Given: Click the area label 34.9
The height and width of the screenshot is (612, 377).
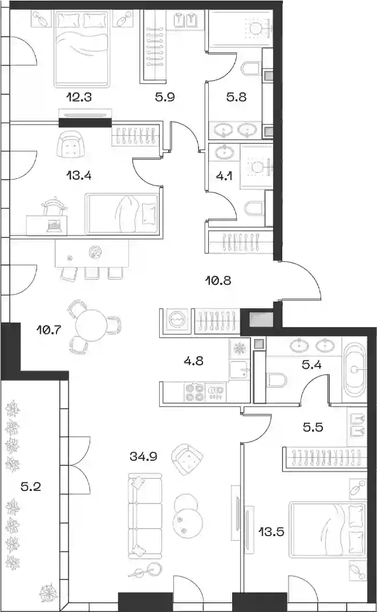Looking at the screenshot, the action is (143, 456).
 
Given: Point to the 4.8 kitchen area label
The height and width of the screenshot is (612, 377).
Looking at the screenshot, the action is (193, 361).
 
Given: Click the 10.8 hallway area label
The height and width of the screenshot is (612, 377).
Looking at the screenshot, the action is (218, 280).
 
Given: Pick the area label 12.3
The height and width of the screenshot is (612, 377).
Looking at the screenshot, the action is (79, 96).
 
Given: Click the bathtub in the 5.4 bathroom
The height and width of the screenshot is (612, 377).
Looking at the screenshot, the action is (354, 369).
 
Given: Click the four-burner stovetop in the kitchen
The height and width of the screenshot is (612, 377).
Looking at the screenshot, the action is (194, 392).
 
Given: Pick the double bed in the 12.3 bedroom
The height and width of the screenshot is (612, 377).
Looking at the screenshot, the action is (82, 49).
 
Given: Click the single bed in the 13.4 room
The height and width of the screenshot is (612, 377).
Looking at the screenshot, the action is (121, 214).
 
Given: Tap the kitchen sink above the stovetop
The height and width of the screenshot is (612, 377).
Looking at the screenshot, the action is (238, 370).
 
